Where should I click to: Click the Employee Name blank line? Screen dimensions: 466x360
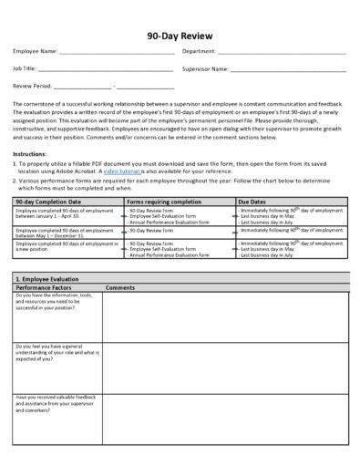115,53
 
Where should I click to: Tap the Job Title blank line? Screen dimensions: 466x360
106,69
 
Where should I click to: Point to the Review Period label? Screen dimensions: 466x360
33,86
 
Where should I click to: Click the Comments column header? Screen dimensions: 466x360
120,287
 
